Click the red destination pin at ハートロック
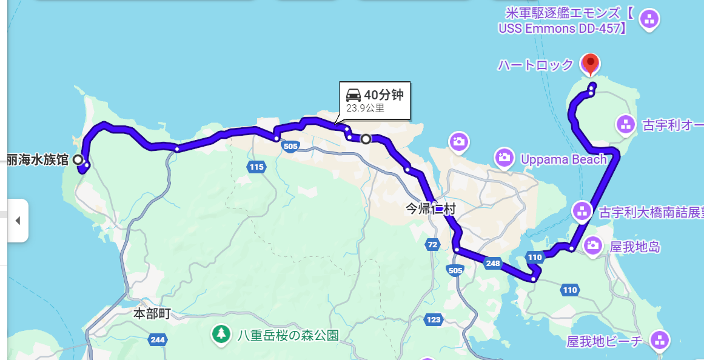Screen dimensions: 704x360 pos(590,63)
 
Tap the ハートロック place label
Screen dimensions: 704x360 pos(535,65)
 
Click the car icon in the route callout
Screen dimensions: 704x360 pos(354,95)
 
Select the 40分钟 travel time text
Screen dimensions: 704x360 pos(383,95)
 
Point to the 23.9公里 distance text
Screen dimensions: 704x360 pos(365,108)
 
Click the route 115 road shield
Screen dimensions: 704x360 pos(256,167)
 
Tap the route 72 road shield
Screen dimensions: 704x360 pos(432,245)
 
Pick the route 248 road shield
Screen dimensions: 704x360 pos(493,263)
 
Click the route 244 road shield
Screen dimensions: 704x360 pos(158,339)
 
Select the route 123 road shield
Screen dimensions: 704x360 pos(434,319)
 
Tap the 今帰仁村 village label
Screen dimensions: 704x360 pos(430,210)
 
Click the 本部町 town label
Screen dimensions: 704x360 pos(152,314)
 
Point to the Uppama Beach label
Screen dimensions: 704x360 pos(563,159)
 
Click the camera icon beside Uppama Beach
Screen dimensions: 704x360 pos(504,158)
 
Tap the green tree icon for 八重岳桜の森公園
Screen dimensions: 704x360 pos(221,333)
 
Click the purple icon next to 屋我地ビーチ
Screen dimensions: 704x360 pos(659,340)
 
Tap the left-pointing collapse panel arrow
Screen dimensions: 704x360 pos(18,221)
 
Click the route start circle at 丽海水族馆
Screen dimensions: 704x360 pos(78,159)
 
